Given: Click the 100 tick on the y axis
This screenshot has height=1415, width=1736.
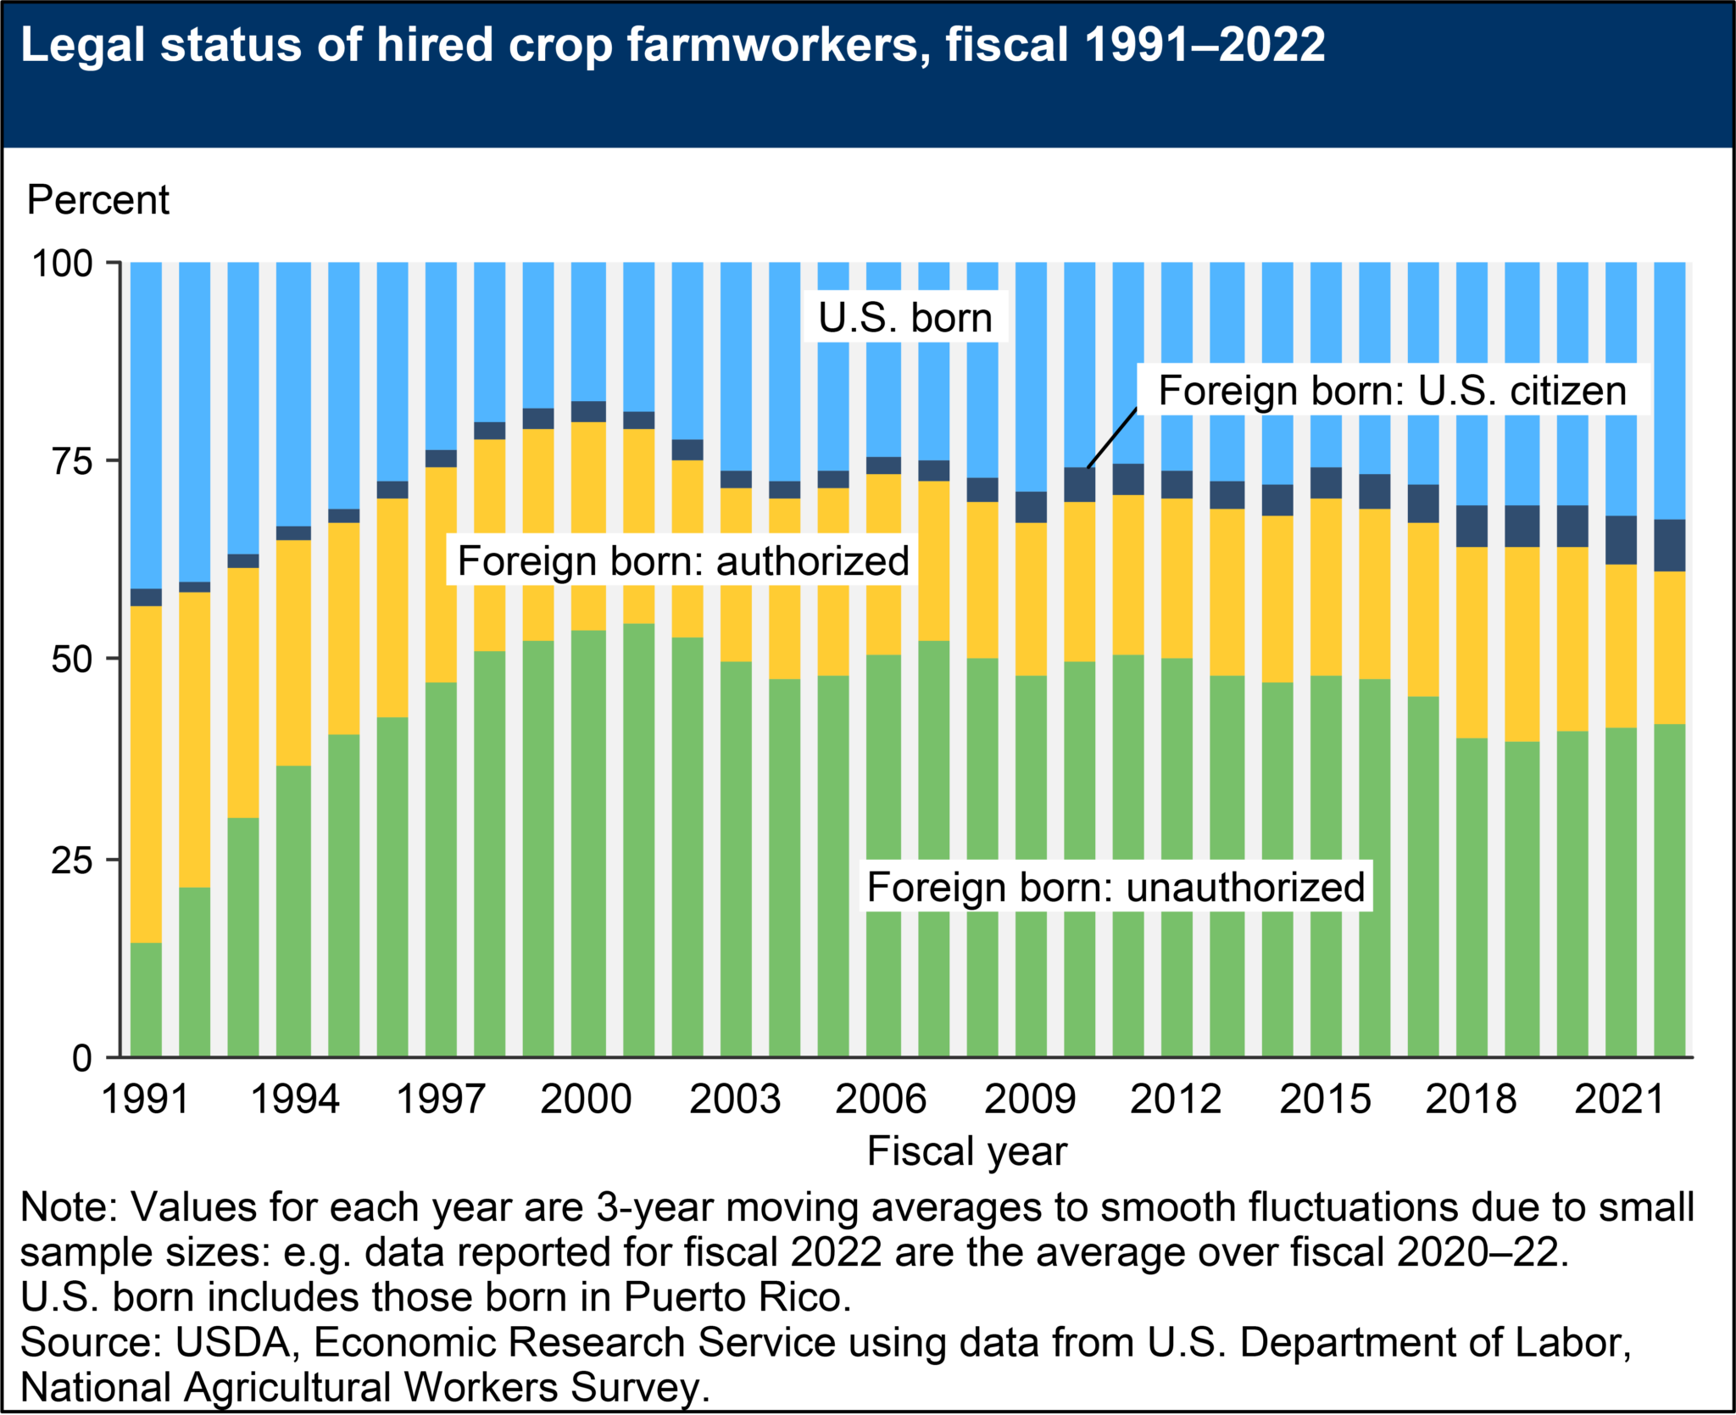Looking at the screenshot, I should [x=62, y=264].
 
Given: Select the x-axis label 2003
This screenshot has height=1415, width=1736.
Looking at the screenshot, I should [x=734, y=1100].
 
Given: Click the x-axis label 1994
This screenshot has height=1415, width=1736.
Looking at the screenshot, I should [x=295, y=1100].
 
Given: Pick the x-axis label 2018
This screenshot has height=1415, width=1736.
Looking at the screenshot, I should [x=1471, y=1100].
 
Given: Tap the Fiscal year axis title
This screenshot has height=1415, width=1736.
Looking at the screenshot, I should [x=966, y=1151].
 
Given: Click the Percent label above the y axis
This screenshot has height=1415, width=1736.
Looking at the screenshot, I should [x=97, y=200].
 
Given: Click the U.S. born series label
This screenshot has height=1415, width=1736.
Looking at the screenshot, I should [x=904, y=318].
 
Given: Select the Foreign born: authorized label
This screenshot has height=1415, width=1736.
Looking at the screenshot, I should [x=682, y=560].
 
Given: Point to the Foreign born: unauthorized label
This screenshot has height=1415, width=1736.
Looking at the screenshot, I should [x=1116, y=887].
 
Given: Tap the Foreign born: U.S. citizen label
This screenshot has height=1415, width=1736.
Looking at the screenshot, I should [x=1392, y=391].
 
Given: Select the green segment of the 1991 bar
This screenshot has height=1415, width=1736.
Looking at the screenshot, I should [x=147, y=1000].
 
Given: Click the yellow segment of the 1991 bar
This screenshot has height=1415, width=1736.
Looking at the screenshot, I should [x=147, y=772].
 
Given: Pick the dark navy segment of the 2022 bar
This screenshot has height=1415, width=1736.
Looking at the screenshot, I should [x=1670, y=545].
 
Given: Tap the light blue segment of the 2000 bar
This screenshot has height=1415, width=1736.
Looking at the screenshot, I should [x=588, y=331].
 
